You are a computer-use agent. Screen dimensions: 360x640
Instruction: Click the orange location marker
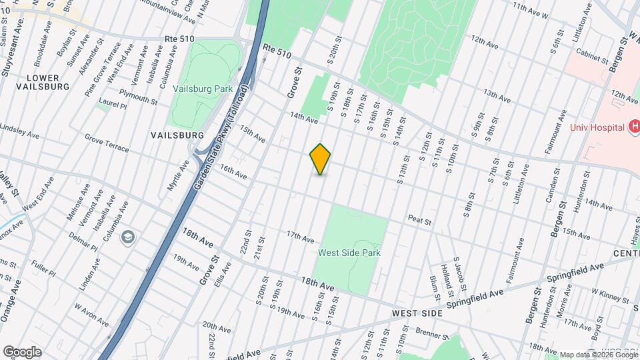[321, 159]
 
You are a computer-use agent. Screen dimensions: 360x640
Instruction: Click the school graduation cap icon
[128, 236]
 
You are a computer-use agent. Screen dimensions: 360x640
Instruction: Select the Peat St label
[420, 219]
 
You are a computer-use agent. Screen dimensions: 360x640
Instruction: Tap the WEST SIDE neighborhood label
[417, 313]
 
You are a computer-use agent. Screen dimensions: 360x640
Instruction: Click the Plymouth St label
[138, 96]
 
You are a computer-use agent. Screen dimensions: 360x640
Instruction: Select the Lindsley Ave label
[20, 130]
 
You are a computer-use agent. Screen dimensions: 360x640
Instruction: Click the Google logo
[21, 352]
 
